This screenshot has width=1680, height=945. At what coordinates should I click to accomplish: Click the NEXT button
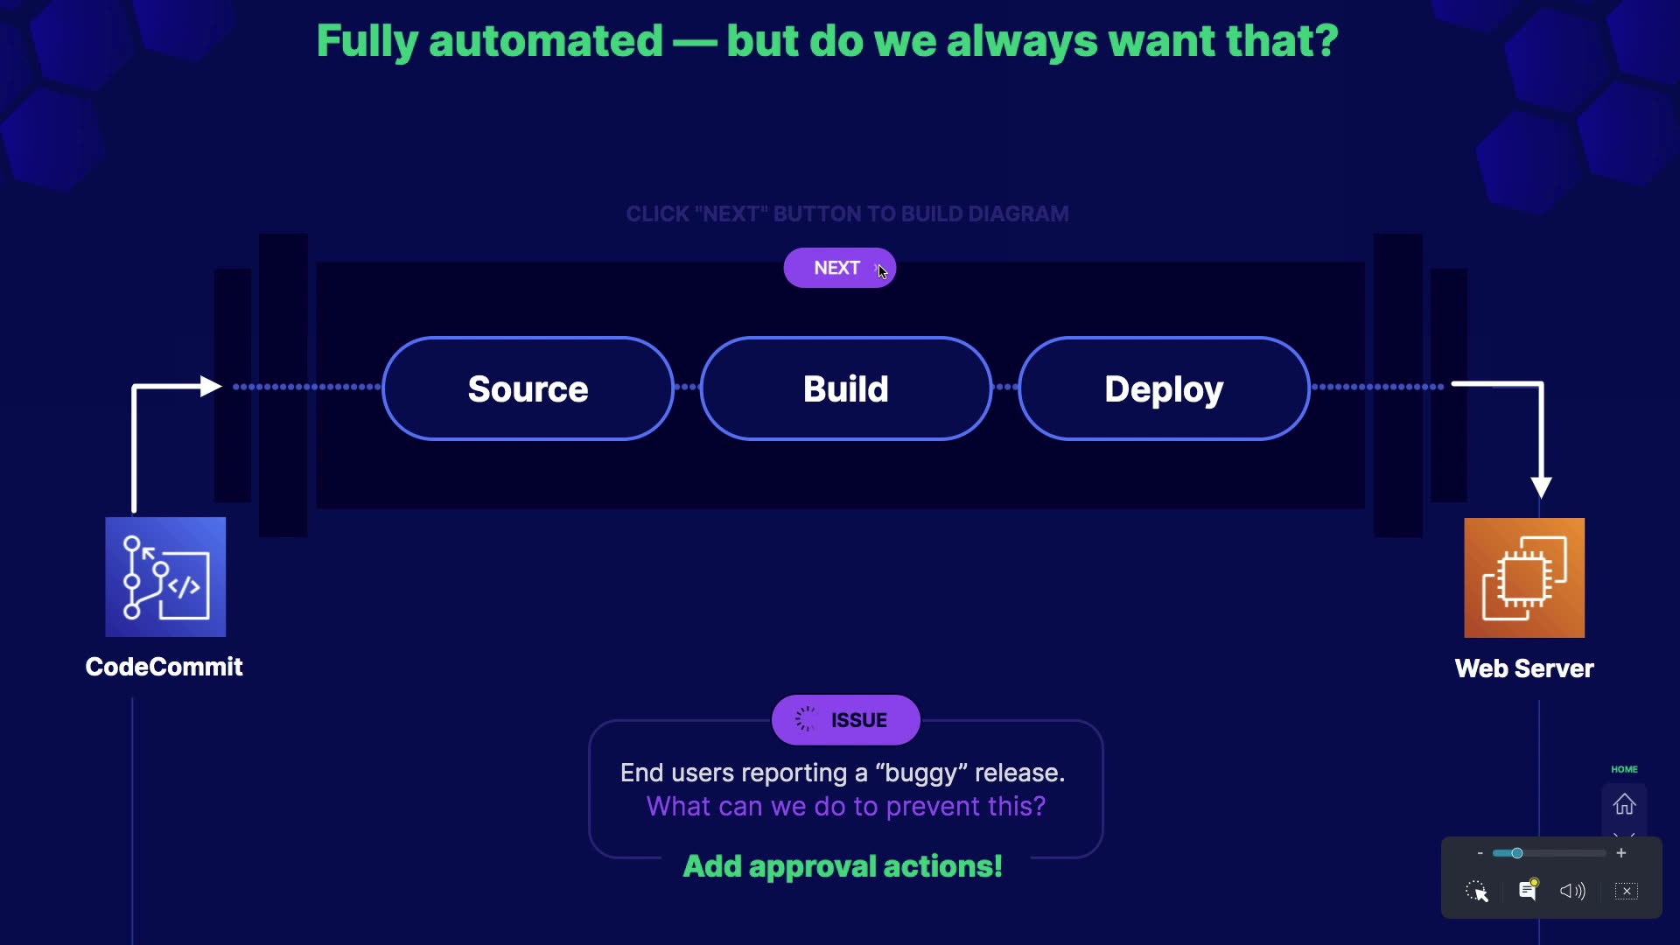click(838, 268)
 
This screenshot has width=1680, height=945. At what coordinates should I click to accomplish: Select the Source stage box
click(528, 388)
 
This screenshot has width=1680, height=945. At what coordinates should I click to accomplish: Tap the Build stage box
click(845, 388)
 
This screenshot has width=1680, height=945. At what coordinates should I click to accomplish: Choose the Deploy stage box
click(1163, 388)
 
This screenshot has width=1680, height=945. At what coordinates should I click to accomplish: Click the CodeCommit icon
click(165, 577)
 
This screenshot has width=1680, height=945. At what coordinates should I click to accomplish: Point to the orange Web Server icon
click(1523, 577)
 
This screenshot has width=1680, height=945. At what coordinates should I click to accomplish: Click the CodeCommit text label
click(164, 667)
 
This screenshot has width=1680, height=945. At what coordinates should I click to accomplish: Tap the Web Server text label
click(1523, 668)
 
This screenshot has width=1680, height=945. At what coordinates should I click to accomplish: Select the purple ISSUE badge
click(845, 720)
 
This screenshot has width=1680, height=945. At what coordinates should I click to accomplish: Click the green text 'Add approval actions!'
click(843, 866)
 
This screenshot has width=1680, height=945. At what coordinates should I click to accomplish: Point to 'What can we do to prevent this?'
click(845, 806)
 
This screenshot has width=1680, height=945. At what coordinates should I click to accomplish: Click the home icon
click(1624, 804)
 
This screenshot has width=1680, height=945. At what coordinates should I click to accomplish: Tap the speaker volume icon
click(1572, 891)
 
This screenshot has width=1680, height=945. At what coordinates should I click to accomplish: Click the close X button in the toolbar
click(1627, 891)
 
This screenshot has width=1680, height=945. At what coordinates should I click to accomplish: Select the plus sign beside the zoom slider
click(1621, 853)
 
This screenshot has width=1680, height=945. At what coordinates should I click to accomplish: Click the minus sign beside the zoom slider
click(1480, 853)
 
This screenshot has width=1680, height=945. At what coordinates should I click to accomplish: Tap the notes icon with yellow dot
click(1528, 890)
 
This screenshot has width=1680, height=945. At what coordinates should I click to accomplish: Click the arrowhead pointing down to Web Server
click(1541, 487)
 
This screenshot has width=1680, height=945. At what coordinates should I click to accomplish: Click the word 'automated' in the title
click(545, 41)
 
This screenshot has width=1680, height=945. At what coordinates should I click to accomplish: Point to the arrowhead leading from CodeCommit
click(210, 386)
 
